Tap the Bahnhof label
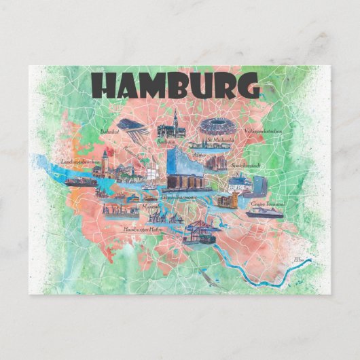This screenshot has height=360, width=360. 109,130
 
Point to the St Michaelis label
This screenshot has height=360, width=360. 221,141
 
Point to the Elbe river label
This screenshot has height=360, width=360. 300,259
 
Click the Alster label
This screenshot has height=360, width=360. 200,155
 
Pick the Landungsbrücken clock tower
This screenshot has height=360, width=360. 105,162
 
